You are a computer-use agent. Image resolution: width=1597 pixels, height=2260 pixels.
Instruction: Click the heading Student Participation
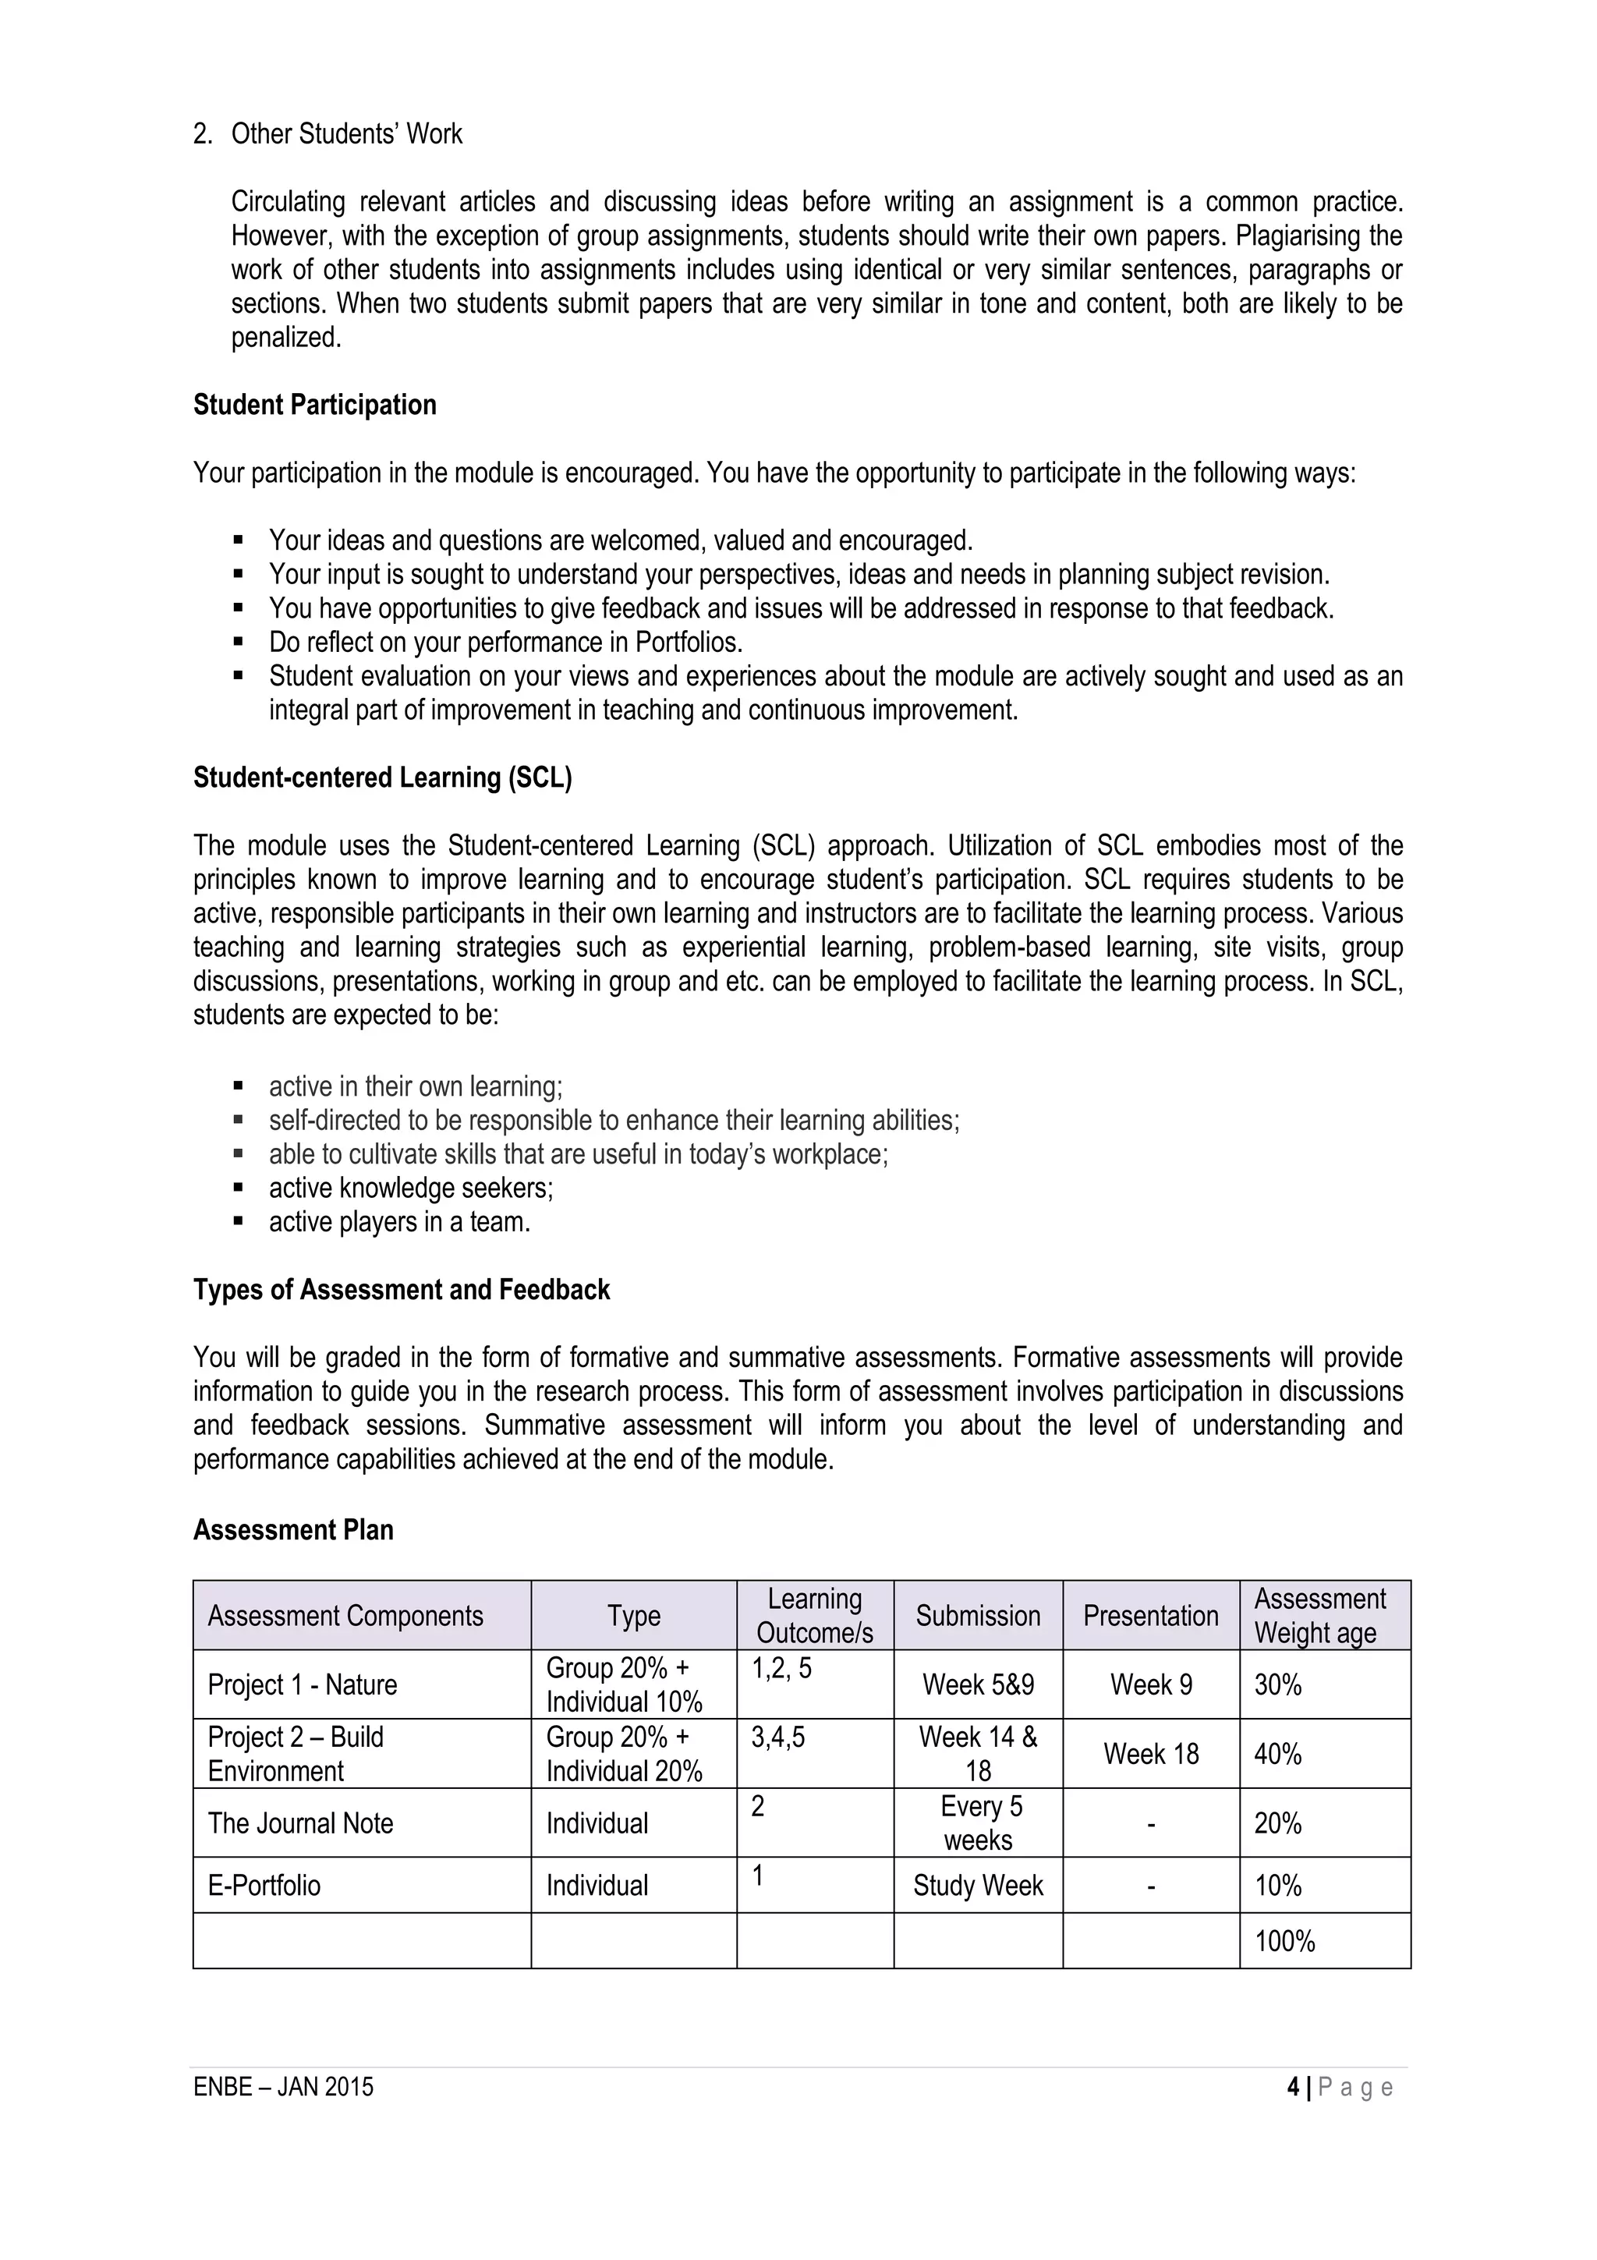tap(314, 405)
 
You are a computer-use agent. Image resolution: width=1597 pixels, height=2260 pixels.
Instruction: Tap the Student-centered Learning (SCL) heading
tap(382, 778)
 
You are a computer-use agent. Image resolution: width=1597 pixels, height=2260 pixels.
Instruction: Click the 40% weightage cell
tap(1277, 1753)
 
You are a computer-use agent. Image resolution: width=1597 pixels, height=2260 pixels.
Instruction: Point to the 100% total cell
tap(1284, 1941)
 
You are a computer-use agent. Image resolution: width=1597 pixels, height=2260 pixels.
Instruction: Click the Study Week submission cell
tap(977, 1885)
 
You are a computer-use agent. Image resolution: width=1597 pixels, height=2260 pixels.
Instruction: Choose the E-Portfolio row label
tap(264, 1885)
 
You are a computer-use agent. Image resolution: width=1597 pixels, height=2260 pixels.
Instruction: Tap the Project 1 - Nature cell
tap(302, 1684)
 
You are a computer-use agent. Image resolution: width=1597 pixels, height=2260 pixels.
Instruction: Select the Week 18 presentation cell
tap(1150, 1753)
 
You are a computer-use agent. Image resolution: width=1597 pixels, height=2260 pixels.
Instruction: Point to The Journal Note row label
tap(300, 1823)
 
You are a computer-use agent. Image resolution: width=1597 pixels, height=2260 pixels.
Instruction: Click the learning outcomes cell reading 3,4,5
tap(777, 1738)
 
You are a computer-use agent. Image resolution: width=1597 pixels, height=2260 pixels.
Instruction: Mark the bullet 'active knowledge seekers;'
tap(410, 1188)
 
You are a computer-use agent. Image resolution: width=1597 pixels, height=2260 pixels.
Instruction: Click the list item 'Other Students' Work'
tap(345, 134)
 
